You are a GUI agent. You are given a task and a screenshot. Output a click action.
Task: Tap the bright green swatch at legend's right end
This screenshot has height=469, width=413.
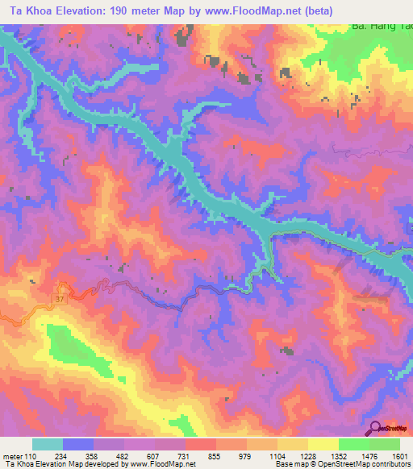pos(384,444)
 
